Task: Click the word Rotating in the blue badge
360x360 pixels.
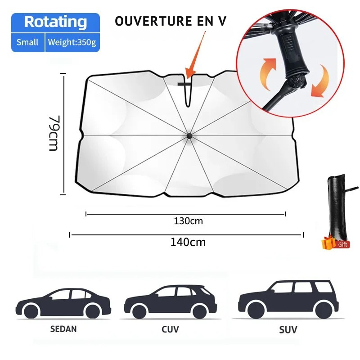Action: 55,22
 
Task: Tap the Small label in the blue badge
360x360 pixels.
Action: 27,42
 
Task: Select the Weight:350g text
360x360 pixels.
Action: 72,42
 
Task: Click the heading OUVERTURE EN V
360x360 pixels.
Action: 171,21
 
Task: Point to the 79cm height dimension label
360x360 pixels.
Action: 54,133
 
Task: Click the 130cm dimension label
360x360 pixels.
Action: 188,221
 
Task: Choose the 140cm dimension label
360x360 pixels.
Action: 188,242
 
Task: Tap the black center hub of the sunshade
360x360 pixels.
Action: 189,136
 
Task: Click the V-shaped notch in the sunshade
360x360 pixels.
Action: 188,91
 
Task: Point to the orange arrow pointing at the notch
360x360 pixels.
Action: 195,56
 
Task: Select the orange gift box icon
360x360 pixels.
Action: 328,243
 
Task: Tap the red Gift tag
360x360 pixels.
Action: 342,244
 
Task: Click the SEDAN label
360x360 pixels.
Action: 63,329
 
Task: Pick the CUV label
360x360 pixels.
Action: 170,329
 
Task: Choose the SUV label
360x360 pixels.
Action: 288,330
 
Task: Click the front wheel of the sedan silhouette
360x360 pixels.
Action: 31,312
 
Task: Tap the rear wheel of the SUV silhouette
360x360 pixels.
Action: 323,310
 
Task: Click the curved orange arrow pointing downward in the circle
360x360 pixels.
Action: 320,81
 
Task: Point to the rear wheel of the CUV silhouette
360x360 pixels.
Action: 199,312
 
